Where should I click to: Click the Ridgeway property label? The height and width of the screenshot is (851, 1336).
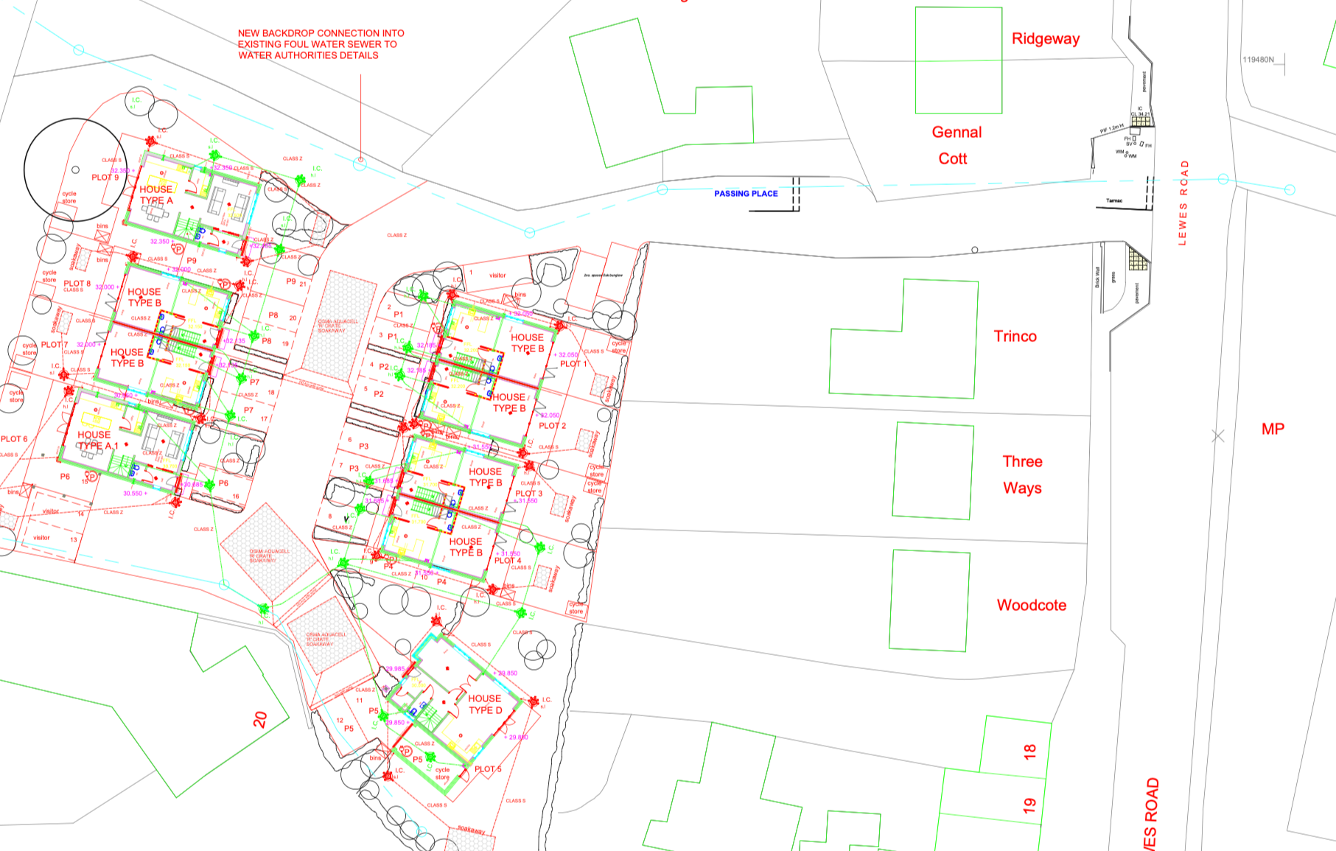[1045, 39]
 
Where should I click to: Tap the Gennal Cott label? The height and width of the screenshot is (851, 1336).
[956, 145]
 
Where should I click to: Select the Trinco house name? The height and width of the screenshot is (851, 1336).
[1015, 337]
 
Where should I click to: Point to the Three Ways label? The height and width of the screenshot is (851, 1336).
[1022, 474]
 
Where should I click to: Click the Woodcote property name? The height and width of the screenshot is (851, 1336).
[1031, 606]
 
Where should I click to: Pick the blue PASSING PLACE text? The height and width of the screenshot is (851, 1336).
[746, 194]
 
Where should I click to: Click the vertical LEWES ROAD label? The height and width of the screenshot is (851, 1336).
[1183, 203]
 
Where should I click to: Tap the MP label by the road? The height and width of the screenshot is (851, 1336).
[1273, 429]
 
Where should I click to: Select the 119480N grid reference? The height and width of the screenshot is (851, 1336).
[1258, 60]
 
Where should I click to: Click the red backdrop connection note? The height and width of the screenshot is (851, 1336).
[321, 44]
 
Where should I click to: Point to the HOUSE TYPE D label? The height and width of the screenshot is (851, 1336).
[485, 704]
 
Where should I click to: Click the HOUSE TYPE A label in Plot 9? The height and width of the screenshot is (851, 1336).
[156, 195]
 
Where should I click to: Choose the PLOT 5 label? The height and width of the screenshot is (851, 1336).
[488, 769]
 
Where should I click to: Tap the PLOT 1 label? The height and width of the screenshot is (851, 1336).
[573, 364]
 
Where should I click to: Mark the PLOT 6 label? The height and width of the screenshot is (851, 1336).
[14, 439]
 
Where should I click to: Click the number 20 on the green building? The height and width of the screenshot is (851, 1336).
[260, 719]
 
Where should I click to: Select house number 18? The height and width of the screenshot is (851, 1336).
[1029, 752]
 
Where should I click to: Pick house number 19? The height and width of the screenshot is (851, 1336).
[1029, 805]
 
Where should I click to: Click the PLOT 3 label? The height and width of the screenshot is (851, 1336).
[528, 494]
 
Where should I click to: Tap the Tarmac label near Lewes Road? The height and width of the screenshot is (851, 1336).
[1114, 200]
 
